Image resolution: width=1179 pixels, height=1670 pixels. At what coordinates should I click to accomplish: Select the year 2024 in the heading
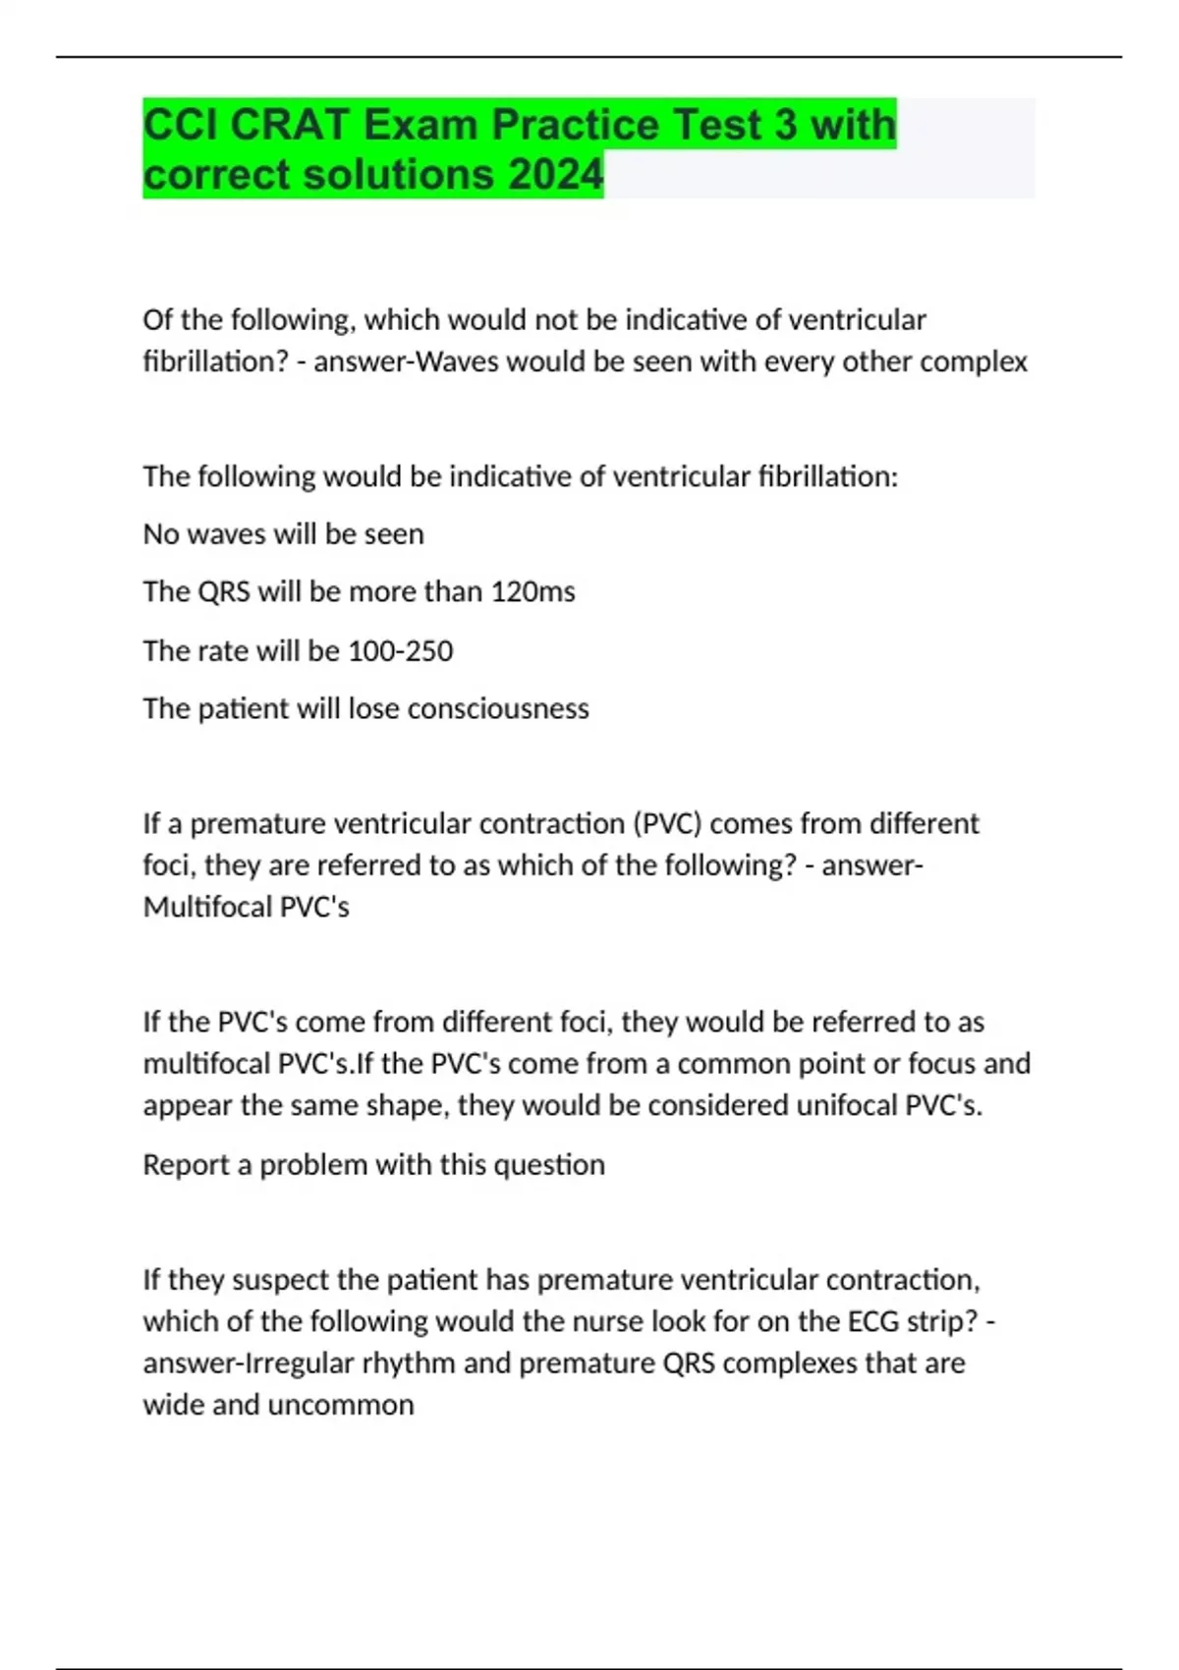[x=556, y=175]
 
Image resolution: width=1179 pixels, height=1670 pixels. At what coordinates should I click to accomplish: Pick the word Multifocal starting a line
[x=207, y=906]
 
